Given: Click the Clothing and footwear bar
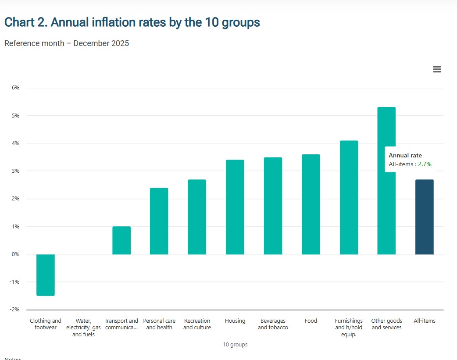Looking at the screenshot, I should tap(46, 275).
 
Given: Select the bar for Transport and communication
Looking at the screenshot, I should tap(121, 240).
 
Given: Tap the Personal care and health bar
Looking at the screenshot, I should tap(159, 221).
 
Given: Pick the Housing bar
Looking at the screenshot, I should tap(235, 207).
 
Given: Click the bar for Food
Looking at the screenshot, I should tap(311, 204).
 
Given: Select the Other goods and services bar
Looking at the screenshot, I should tap(386, 181).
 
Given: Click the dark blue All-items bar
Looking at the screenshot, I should tap(424, 217).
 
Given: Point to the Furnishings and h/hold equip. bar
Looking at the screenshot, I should tap(349, 197).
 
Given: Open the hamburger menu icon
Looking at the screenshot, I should tap(437, 69).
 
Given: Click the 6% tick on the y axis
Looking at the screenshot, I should tap(15, 88).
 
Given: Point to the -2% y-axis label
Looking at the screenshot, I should tap(15, 310).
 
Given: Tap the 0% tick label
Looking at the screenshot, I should tap(15, 254).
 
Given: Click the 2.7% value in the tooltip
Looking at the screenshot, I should tap(425, 164).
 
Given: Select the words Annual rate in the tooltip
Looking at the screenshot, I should tap(405, 156).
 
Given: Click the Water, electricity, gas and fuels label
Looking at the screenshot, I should tap(83, 328).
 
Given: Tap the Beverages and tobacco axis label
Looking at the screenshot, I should tap(273, 324).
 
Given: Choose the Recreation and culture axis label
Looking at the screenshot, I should tap(197, 324).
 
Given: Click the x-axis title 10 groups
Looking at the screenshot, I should tap(235, 345).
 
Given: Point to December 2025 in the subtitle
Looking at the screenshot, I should tap(101, 43).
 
